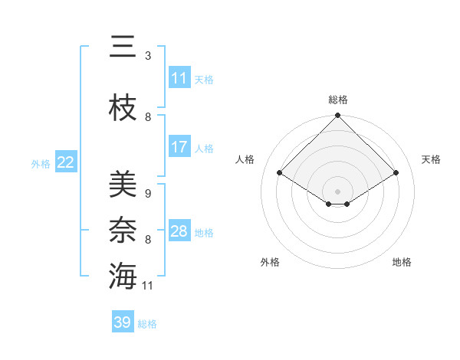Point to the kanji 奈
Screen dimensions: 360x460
(123, 230)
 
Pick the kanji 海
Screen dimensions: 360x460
(123, 276)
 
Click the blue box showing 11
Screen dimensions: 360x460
(179, 78)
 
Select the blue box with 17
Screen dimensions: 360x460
(179, 147)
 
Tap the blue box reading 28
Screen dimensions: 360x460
(179, 231)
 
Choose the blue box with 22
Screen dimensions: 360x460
(66, 162)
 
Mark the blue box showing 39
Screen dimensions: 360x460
(123, 322)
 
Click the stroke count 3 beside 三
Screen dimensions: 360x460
(147, 56)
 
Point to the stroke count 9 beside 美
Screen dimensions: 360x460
(147, 194)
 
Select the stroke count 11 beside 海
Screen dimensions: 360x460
(148, 286)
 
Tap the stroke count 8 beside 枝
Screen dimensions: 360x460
(147, 117)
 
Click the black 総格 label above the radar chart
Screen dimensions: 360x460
(337, 100)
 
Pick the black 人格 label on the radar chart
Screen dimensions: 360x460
(245, 159)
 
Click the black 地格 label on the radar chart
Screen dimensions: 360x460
(402, 262)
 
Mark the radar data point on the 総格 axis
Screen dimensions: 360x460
(337, 116)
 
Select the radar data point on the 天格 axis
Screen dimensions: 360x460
(396, 173)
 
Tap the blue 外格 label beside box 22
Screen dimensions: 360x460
(41, 163)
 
